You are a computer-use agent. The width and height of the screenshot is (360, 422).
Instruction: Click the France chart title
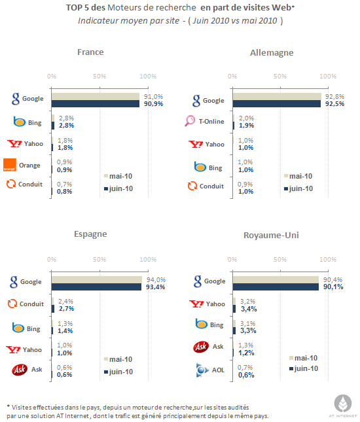[x=90, y=52]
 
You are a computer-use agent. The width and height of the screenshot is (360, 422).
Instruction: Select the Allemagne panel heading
[x=272, y=53]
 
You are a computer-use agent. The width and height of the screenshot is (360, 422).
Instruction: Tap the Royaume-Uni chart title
[x=271, y=236]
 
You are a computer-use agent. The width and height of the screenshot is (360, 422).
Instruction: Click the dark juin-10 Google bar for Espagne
[x=96, y=287]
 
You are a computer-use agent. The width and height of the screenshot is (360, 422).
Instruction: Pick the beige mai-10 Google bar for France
[x=96, y=96]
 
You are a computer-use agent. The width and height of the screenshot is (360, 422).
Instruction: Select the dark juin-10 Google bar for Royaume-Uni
[x=276, y=287]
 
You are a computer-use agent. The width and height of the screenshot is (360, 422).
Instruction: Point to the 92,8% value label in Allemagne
[x=334, y=96]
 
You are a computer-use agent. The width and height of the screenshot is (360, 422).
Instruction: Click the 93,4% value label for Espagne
[x=155, y=287]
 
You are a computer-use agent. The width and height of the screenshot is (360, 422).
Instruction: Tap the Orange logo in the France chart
[x=10, y=165]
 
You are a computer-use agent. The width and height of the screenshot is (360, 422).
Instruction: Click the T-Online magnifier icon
[x=190, y=121]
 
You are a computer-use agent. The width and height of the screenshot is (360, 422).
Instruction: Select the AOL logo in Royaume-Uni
[x=202, y=370]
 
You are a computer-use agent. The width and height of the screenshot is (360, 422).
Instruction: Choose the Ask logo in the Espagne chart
[x=20, y=370]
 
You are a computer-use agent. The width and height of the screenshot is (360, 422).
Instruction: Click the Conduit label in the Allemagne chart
[x=211, y=186]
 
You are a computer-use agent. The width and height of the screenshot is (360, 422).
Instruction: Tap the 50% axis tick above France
[x=99, y=77]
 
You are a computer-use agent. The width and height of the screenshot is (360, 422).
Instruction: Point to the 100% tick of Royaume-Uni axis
[x=328, y=260]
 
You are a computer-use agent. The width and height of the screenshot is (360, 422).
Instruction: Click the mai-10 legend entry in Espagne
[x=118, y=359]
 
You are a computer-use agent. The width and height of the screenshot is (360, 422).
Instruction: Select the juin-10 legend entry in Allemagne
[x=298, y=188]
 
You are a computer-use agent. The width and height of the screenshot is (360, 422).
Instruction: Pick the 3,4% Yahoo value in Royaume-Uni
[x=249, y=309]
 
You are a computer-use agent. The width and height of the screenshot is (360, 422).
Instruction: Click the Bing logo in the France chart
[x=20, y=122]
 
